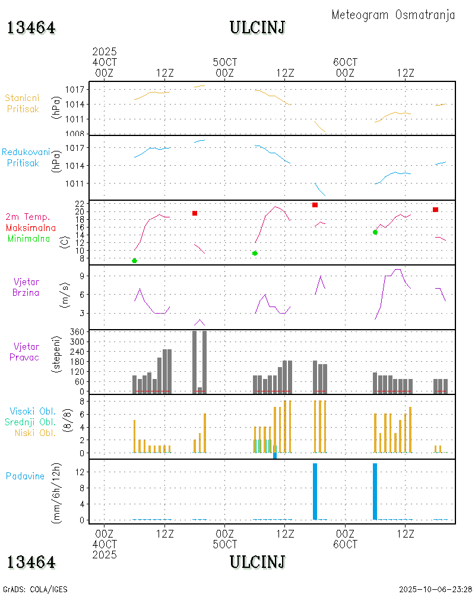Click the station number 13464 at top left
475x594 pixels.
coord(31,27)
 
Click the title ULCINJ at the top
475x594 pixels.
coord(257,27)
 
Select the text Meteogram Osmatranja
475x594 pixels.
coord(393,15)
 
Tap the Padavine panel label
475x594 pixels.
coord(25,476)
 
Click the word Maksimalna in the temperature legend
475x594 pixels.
coord(31,228)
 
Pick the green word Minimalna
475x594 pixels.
coord(29,238)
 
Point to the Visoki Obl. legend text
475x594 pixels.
coord(30,411)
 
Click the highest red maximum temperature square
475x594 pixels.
coord(315,205)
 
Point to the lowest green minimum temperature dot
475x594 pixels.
coord(134,261)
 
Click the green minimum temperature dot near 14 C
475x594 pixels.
coord(375,232)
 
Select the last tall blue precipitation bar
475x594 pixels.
coord(375,491)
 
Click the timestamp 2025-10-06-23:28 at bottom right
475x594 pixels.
coord(436,589)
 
